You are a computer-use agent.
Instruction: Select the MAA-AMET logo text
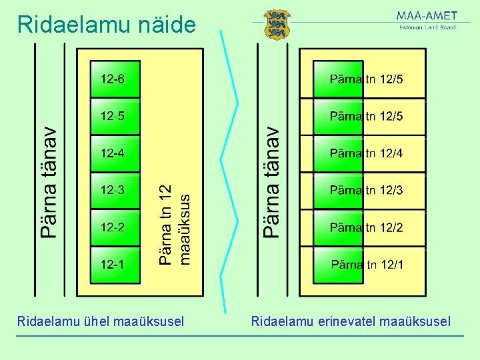(x=427, y=16)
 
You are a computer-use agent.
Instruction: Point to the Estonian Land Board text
(x=427, y=28)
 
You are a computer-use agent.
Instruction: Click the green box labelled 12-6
(x=116, y=79)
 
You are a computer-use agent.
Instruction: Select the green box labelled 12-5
(x=116, y=116)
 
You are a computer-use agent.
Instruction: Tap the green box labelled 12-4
(x=116, y=153)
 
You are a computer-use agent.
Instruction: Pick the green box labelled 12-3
(x=116, y=190)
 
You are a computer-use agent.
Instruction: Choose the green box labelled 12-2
(x=116, y=227)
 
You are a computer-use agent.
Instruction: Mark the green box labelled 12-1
(x=116, y=264)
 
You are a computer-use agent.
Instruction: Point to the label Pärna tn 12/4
(x=366, y=153)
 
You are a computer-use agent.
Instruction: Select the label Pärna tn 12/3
(x=366, y=190)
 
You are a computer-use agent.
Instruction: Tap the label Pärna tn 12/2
(x=366, y=227)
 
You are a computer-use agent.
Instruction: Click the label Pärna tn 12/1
(x=367, y=265)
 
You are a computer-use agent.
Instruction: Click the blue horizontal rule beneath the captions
(x=240, y=335)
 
